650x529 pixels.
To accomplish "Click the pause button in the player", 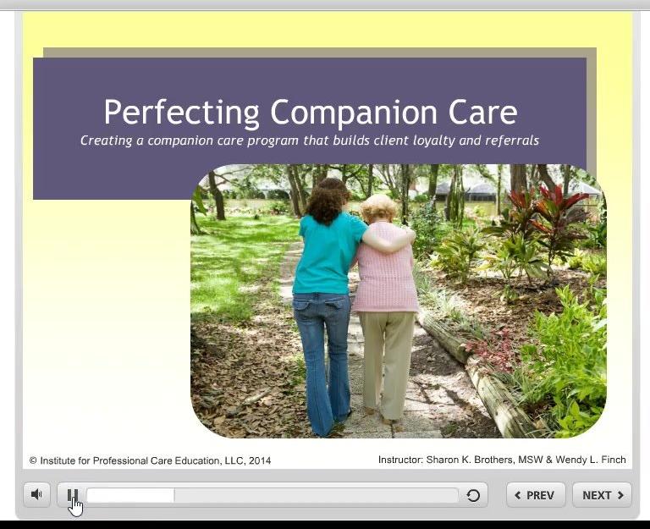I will coord(73,495).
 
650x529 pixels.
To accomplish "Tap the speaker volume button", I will coord(36,495).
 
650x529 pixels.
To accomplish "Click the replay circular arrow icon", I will coord(473,495).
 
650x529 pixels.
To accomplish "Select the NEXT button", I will coord(602,495).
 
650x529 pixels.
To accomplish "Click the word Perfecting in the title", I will coord(181,113).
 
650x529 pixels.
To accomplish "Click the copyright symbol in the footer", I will coord(34,460).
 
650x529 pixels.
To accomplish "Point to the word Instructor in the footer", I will coord(399,460).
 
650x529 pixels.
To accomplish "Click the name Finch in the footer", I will coord(611,460).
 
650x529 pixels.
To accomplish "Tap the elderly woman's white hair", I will coord(377,207).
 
